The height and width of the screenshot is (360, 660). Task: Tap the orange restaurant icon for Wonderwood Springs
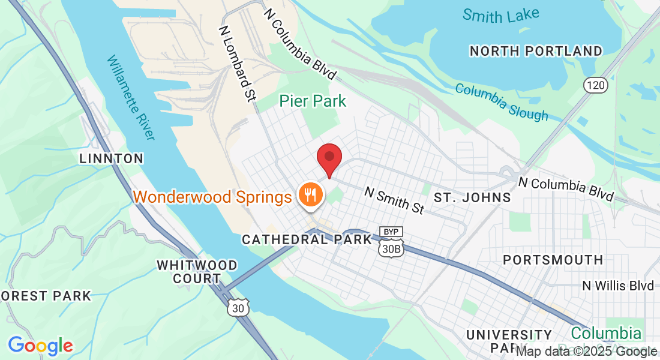pyautogui.click(x=310, y=194)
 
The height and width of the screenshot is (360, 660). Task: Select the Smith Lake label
pyautogui.click(x=500, y=15)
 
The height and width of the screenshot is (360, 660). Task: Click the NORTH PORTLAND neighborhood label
pyautogui.click(x=536, y=51)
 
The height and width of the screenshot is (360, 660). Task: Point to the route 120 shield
pyautogui.click(x=596, y=86)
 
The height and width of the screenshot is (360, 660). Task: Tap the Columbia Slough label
pyautogui.click(x=502, y=101)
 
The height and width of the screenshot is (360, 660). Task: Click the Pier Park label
pyautogui.click(x=313, y=101)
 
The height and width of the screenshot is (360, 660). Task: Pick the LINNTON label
pyautogui.click(x=112, y=159)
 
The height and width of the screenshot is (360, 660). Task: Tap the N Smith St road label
pyautogui.click(x=394, y=200)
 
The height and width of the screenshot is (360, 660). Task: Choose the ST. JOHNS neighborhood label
pyautogui.click(x=472, y=197)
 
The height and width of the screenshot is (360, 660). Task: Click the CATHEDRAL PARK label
pyautogui.click(x=307, y=239)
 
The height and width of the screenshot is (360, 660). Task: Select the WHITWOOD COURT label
pyautogui.click(x=197, y=272)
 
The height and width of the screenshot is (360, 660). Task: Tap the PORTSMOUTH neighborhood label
pyautogui.click(x=553, y=260)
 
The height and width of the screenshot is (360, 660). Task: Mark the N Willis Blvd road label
pyautogui.click(x=618, y=286)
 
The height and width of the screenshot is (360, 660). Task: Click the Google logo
pyautogui.click(x=40, y=346)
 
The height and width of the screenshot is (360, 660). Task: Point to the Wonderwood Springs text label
pyautogui.click(x=212, y=196)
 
